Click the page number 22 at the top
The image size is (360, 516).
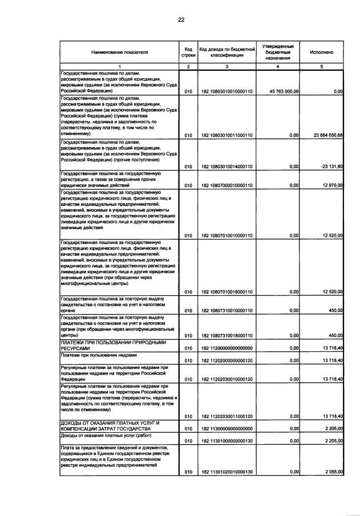point(181,19)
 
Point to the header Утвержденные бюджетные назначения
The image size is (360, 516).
point(277,52)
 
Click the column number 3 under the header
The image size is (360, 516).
point(226,67)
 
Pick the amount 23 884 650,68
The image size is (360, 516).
point(323,135)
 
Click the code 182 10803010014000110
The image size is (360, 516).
point(226,166)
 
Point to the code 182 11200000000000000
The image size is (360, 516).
point(226,348)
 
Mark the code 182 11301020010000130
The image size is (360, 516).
point(226,473)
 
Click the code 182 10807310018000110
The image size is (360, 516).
point(226,336)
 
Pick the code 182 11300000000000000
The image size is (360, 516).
point(226,429)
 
